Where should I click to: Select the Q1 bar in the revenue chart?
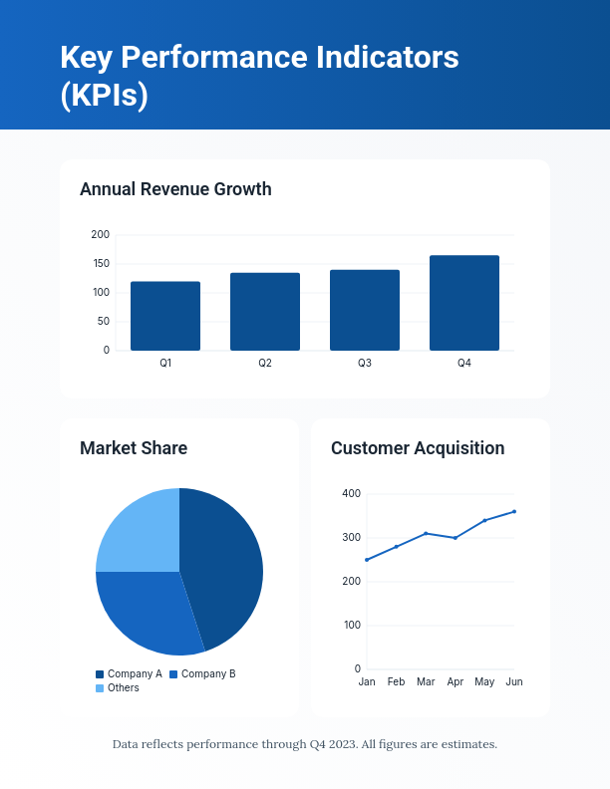click(165, 316)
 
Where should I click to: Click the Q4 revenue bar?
click(464, 303)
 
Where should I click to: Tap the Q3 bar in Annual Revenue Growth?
click(365, 310)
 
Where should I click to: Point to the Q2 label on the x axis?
click(265, 364)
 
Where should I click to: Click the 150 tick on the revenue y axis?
click(100, 264)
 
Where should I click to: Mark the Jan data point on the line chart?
click(367, 560)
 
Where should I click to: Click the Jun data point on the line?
click(514, 511)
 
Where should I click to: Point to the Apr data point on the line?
click(456, 538)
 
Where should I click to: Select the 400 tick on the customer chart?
click(351, 494)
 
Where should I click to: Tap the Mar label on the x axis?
click(426, 682)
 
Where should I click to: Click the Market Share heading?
click(134, 448)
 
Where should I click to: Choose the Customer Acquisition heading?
click(418, 448)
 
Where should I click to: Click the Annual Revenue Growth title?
click(175, 189)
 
